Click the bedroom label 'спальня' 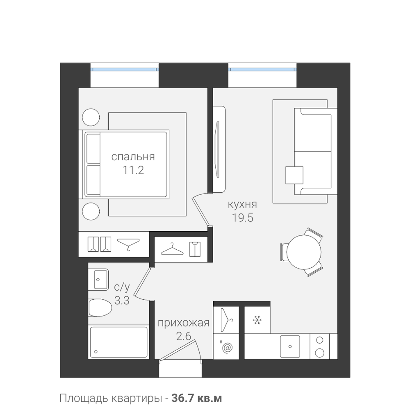click(x=133, y=157)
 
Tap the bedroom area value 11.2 click(x=133, y=171)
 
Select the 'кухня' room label click(x=242, y=204)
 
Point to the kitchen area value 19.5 click(x=243, y=218)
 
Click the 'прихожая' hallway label click(x=184, y=323)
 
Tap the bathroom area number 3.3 click(x=122, y=301)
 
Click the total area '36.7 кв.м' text click(x=197, y=399)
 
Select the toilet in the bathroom click(x=100, y=308)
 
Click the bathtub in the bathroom click(x=118, y=342)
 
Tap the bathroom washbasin click(x=98, y=279)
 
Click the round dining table click(x=303, y=252)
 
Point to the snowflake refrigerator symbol click(x=257, y=320)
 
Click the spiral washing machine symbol click(x=227, y=348)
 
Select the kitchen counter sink click(x=290, y=346)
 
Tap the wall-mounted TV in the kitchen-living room click(x=219, y=149)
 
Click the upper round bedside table click(x=91, y=117)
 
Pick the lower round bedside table click(x=91, y=211)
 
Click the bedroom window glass click(x=125, y=70)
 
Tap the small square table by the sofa click(x=294, y=175)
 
